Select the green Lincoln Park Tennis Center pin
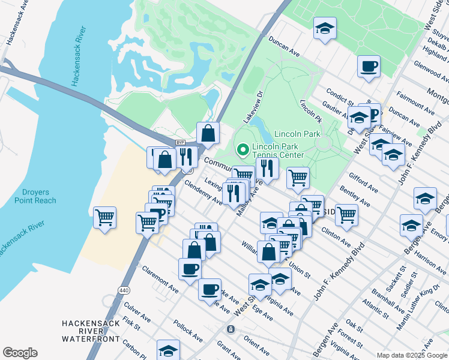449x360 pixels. coord(243,149)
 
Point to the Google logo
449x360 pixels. coord(20,353)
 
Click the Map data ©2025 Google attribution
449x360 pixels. coord(412,355)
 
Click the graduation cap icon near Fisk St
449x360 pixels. coord(168,350)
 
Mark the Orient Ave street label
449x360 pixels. coord(256,345)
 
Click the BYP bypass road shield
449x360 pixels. coord(179,143)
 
